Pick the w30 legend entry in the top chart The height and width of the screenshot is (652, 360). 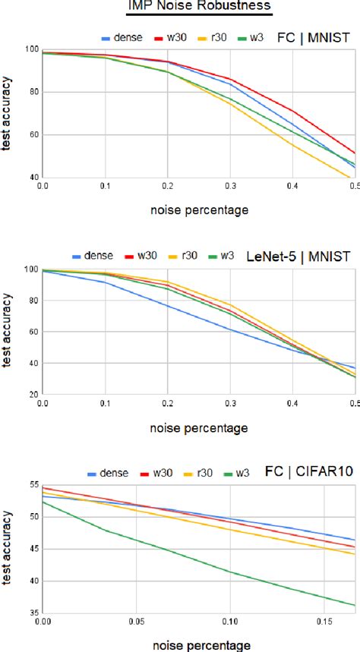coord(174,36)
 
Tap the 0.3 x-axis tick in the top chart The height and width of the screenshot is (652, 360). coord(229,186)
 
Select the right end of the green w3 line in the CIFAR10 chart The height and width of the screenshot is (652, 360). coord(354,605)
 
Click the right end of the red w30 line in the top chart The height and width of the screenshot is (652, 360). coord(354,153)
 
